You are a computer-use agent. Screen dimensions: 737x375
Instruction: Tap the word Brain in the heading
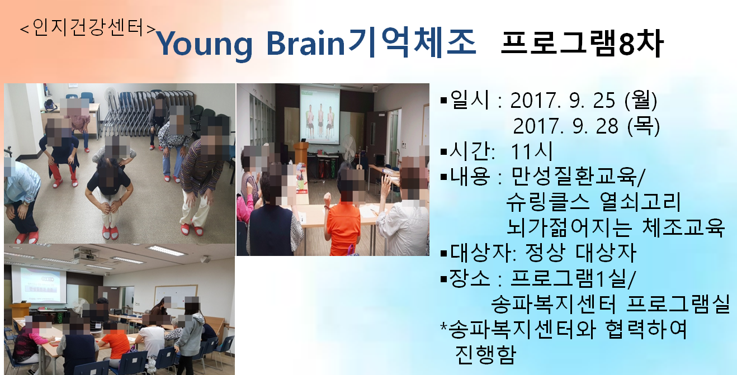[305, 43]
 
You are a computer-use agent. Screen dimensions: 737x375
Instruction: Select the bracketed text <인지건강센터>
[88, 27]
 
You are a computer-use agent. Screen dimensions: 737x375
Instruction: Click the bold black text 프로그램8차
[582, 44]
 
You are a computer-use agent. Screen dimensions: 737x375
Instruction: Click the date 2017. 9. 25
[563, 101]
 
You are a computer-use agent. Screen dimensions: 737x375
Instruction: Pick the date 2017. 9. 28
[565, 126]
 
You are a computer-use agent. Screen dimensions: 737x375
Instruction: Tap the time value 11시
[531, 151]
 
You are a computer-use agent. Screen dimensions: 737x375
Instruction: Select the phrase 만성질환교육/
[578, 177]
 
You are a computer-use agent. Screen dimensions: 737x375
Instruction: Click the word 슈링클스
[547, 202]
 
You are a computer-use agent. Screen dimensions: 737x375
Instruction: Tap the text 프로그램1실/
[573, 278]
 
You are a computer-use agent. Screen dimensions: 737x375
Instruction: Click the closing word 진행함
[485, 355]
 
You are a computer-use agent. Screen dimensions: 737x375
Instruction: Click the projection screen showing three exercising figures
[319, 115]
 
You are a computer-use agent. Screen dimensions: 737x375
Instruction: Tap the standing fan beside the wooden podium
[348, 151]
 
